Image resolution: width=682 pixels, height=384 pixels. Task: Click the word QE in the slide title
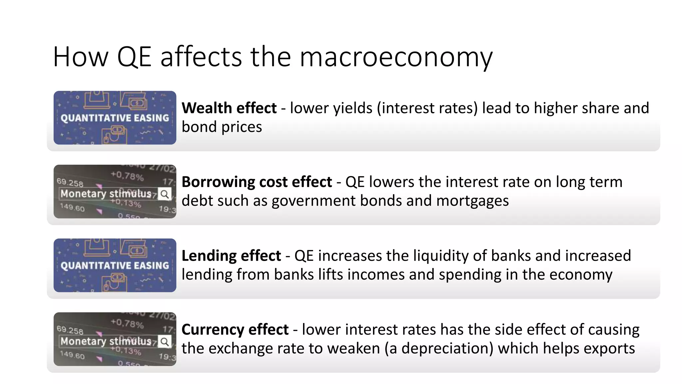tap(134, 57)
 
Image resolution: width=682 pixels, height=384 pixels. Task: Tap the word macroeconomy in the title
tap(396, 57)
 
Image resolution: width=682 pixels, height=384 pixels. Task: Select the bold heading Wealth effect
tap(229, 108)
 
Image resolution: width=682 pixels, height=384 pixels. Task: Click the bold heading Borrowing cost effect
tap(257, 182)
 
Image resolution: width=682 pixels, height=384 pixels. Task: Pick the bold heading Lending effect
tap(231, 256)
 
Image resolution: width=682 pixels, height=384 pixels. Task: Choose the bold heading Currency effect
tap(235, 330)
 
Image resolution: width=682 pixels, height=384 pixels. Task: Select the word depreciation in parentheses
tap(447, 349)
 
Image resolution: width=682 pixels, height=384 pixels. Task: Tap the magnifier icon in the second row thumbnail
tap(165, 194)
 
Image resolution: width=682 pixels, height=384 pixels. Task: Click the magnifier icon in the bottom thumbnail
tap(165, 342)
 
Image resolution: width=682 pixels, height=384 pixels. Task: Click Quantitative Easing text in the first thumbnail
tap(115, 118)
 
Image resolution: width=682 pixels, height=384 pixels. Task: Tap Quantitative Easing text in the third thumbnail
tap(115, 266)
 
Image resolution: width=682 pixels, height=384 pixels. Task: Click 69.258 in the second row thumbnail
tap(70, 182)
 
